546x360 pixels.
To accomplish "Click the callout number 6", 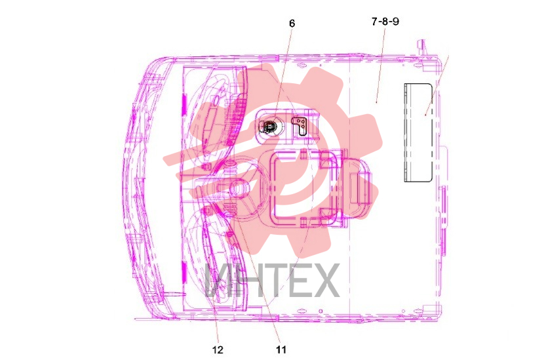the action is click(x=292, y=24).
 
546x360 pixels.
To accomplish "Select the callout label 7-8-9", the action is click(x=385, y=22).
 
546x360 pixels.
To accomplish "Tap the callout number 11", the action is click(x=281, y=350).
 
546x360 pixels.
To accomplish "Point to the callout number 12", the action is click(x=218, y=350).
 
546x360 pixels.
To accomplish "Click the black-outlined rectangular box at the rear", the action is click(x=418, y=132).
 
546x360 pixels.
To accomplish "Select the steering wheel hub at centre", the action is click(x=238, y=189).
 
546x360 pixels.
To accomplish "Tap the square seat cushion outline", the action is click(x=303, y=187).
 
